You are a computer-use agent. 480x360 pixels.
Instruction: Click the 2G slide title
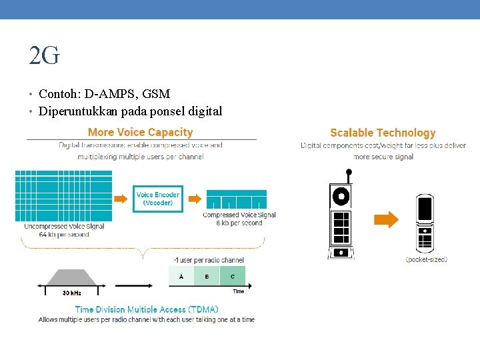(x=44, y=57)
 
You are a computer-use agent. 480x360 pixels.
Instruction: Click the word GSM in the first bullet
(x=157, y=94)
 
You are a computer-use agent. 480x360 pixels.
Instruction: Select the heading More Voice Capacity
(x=140, y=133)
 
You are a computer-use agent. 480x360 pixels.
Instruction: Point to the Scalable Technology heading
(x=383, y=133)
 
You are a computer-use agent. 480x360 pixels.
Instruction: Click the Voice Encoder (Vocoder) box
(x=158, y=199)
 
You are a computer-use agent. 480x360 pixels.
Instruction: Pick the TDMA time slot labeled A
(x=181, y=276)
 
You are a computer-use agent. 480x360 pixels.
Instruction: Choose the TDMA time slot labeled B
(x=207, y=276)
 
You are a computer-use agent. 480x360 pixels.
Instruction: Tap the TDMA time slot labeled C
(x=232, y=276)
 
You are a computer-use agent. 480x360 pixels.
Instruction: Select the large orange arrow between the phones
(x=385, y=219)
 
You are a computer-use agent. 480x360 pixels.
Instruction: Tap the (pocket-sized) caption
(x=427, y=259)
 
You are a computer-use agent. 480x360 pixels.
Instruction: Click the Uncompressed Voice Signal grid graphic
(x=63, y=196)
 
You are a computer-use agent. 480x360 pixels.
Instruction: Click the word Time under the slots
(x=238, y=291)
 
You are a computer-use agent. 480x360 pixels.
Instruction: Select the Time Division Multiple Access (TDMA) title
(x=147, y=309)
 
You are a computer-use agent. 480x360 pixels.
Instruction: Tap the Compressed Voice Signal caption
(x=239, y=215)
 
